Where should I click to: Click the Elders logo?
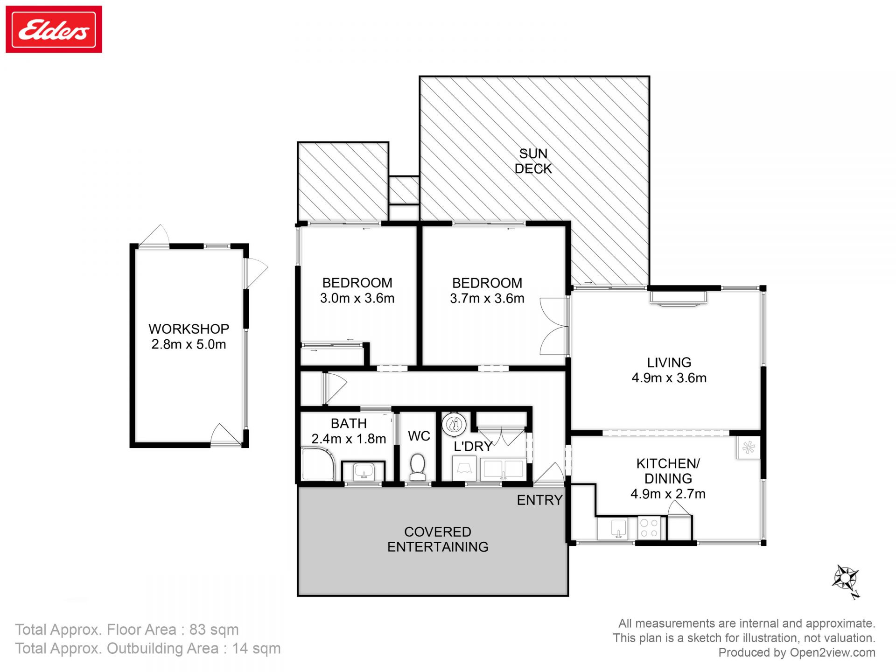click(x=54, y=29)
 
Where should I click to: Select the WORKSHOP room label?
click(x=189, y=329)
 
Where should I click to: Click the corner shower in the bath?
click(x=317, y=464)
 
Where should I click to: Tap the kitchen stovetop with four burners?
click(x=649, y=528)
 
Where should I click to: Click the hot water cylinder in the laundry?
click(x=454, y=425)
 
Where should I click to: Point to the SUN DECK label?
click(x=533, y=161)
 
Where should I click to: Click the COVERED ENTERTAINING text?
click(x=438, y=539)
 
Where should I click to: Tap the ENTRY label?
click(x=539, y=500)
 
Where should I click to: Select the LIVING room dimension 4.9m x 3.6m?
click(x=669, y=378)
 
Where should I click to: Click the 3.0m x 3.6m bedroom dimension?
click(x=357, y=298)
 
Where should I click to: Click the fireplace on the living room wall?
click(x=678, y=298)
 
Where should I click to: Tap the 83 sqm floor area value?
click(x=214, y=630)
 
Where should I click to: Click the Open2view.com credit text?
click(x=832, y=652)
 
